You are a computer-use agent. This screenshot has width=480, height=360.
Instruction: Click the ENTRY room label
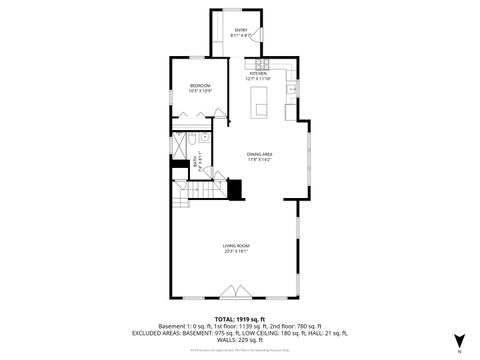[x=241, y=30]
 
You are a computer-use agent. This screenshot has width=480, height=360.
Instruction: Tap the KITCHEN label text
[x=258, y=74]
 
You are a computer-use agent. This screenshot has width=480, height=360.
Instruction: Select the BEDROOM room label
[x=200, y=86]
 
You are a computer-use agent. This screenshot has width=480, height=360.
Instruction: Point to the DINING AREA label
[x=260, y=153]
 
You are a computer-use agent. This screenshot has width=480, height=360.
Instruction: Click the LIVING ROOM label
[x=236, y=245]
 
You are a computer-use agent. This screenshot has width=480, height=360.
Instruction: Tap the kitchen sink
[x=293, y=90]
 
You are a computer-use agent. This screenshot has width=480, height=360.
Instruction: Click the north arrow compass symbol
[x=459, y=341]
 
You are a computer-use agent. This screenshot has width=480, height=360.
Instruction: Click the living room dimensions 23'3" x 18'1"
[x=236, y=251]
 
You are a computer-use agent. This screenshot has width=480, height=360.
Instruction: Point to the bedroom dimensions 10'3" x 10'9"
[x=200, y=91]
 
